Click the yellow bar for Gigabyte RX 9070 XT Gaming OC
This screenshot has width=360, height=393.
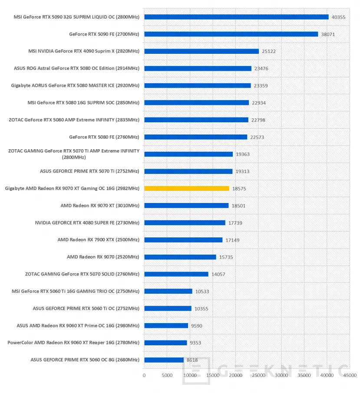(x=187, y=188)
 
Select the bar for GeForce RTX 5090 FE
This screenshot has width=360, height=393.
(x=231, y=34)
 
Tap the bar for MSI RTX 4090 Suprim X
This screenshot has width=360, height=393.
(x=201, y=51)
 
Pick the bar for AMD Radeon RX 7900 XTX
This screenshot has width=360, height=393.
(x=183, y=240)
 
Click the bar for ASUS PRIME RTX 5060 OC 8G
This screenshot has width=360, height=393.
(x=164, y=360)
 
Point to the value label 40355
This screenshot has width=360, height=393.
(x=338, y=17)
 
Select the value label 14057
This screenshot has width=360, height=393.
(x=218, y=274)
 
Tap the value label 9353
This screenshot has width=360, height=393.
(x=196, y=343)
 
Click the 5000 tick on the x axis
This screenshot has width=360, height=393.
(x=167, y=375)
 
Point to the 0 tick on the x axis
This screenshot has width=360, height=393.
(x=144, y=375)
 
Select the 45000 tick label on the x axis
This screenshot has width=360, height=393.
(x=350, y=375)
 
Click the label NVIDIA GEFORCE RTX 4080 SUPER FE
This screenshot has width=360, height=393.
(x=87, y=223)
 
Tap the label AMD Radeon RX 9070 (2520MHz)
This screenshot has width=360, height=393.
(x=103, y=257)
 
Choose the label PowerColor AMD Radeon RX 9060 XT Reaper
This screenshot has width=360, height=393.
(x=73, y=343)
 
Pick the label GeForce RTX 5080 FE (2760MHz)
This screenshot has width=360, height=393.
(x=104, y=137)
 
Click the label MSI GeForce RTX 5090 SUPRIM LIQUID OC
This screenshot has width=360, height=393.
(x=77, y=17)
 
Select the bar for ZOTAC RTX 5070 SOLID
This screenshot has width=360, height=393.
(x=176, y=274)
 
